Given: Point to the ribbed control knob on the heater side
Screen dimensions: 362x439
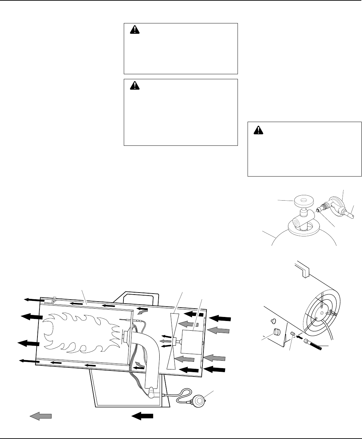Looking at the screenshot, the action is tap(277, 333).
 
